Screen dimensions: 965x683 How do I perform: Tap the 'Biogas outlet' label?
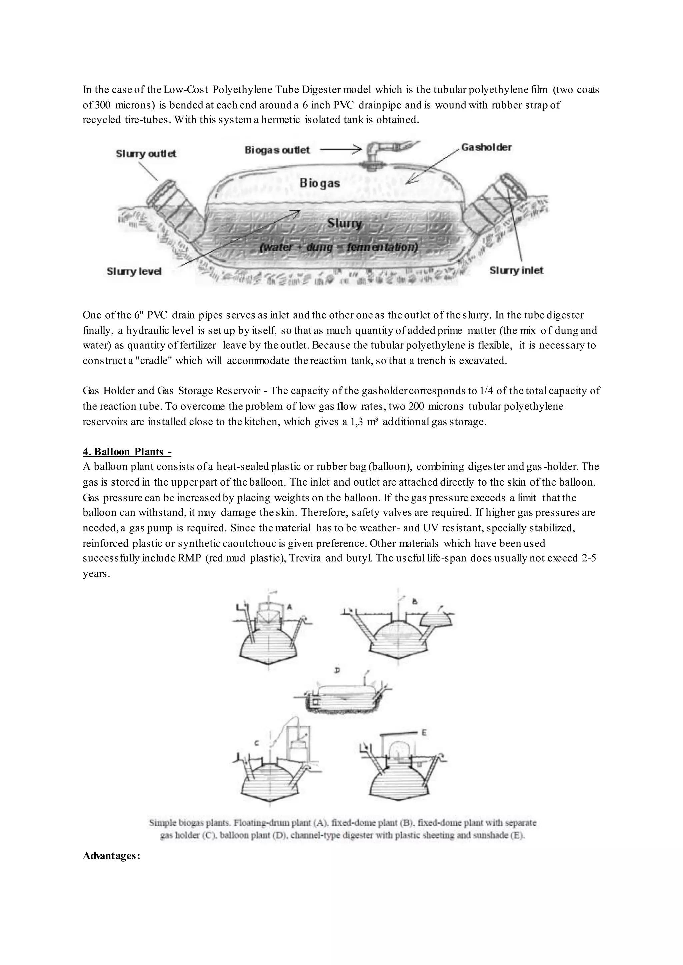tap(277, 150)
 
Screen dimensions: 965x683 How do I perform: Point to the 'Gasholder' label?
tap(486, 148)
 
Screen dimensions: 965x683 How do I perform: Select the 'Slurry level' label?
tap(134, 272)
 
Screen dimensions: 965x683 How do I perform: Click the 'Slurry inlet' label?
tap(516, 271)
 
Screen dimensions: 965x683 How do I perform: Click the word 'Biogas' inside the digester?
tap(319, 184)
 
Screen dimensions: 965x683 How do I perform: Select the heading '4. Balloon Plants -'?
tap(127, 452)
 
